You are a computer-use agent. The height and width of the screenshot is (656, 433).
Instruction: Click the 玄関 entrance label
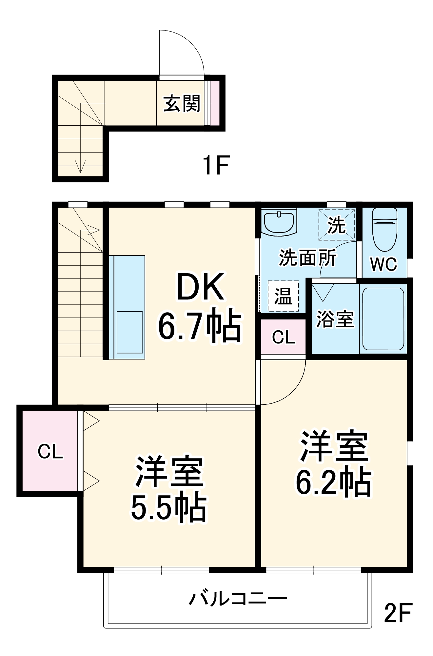point(181,104)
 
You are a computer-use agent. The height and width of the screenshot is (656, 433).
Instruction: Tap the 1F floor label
point(216,165)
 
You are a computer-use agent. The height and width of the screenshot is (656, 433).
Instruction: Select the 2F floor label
point(398,613)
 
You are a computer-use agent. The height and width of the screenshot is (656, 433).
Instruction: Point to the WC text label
point(384,264)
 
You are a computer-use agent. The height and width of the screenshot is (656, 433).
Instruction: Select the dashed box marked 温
point(283,296)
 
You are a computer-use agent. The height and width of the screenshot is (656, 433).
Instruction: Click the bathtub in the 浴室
point(383,319)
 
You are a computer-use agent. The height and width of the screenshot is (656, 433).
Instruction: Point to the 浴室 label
point(335,319)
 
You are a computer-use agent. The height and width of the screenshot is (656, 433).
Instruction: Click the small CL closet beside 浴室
point(284,337)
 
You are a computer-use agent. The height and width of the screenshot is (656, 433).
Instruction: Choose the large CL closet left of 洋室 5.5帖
point(50,451)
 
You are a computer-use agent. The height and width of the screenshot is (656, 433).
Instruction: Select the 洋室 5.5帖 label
point(169,489)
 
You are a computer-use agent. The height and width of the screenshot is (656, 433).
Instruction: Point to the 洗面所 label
point(307,257)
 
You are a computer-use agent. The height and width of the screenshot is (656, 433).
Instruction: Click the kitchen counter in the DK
point(127,307)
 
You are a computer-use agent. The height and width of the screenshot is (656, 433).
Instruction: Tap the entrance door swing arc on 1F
point(192,46)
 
